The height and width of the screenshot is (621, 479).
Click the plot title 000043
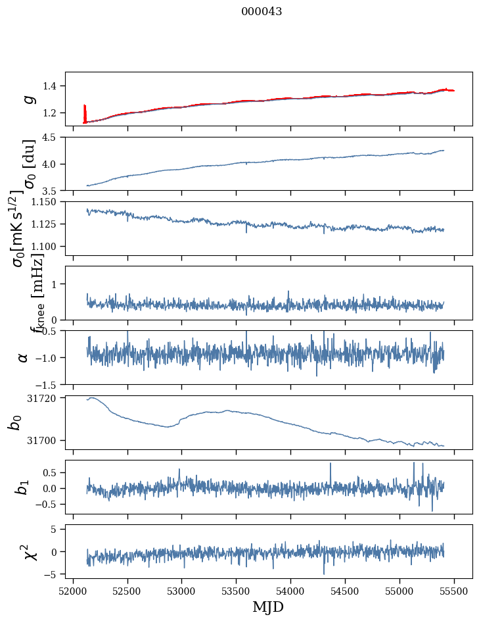coord(262,12)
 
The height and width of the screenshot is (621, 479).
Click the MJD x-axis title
coord(268,607)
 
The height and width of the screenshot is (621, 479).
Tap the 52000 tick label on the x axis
coord(73,590)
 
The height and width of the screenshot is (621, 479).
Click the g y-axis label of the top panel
coord(27,99)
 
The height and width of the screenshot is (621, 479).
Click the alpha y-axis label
coord(24,357)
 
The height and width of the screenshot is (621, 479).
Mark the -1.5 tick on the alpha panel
coord(49,384)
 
